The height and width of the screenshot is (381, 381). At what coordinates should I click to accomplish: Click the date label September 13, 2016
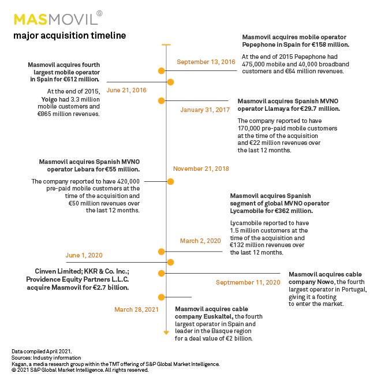tap(206, 62)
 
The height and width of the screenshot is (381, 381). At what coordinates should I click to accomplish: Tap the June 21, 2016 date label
tap(126, 90)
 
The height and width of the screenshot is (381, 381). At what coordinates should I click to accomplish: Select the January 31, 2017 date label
tap(205, 110)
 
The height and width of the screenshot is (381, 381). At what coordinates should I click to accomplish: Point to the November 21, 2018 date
tap(201, 169)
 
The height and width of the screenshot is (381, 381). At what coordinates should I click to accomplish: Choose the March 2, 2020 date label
tap(200, 241)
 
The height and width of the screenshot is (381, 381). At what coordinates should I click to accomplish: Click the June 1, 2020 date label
tap(85, 255)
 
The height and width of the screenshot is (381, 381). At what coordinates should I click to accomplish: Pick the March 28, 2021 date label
tap(136, 309)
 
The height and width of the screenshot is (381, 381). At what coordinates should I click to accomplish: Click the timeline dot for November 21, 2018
tap(170, 181)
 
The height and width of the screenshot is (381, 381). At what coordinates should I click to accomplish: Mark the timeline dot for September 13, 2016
tap(162, 70)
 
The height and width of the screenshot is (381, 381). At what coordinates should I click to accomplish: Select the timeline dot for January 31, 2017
tap(162, 100)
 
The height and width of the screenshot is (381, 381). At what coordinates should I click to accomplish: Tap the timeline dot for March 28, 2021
tap(162, 297)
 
